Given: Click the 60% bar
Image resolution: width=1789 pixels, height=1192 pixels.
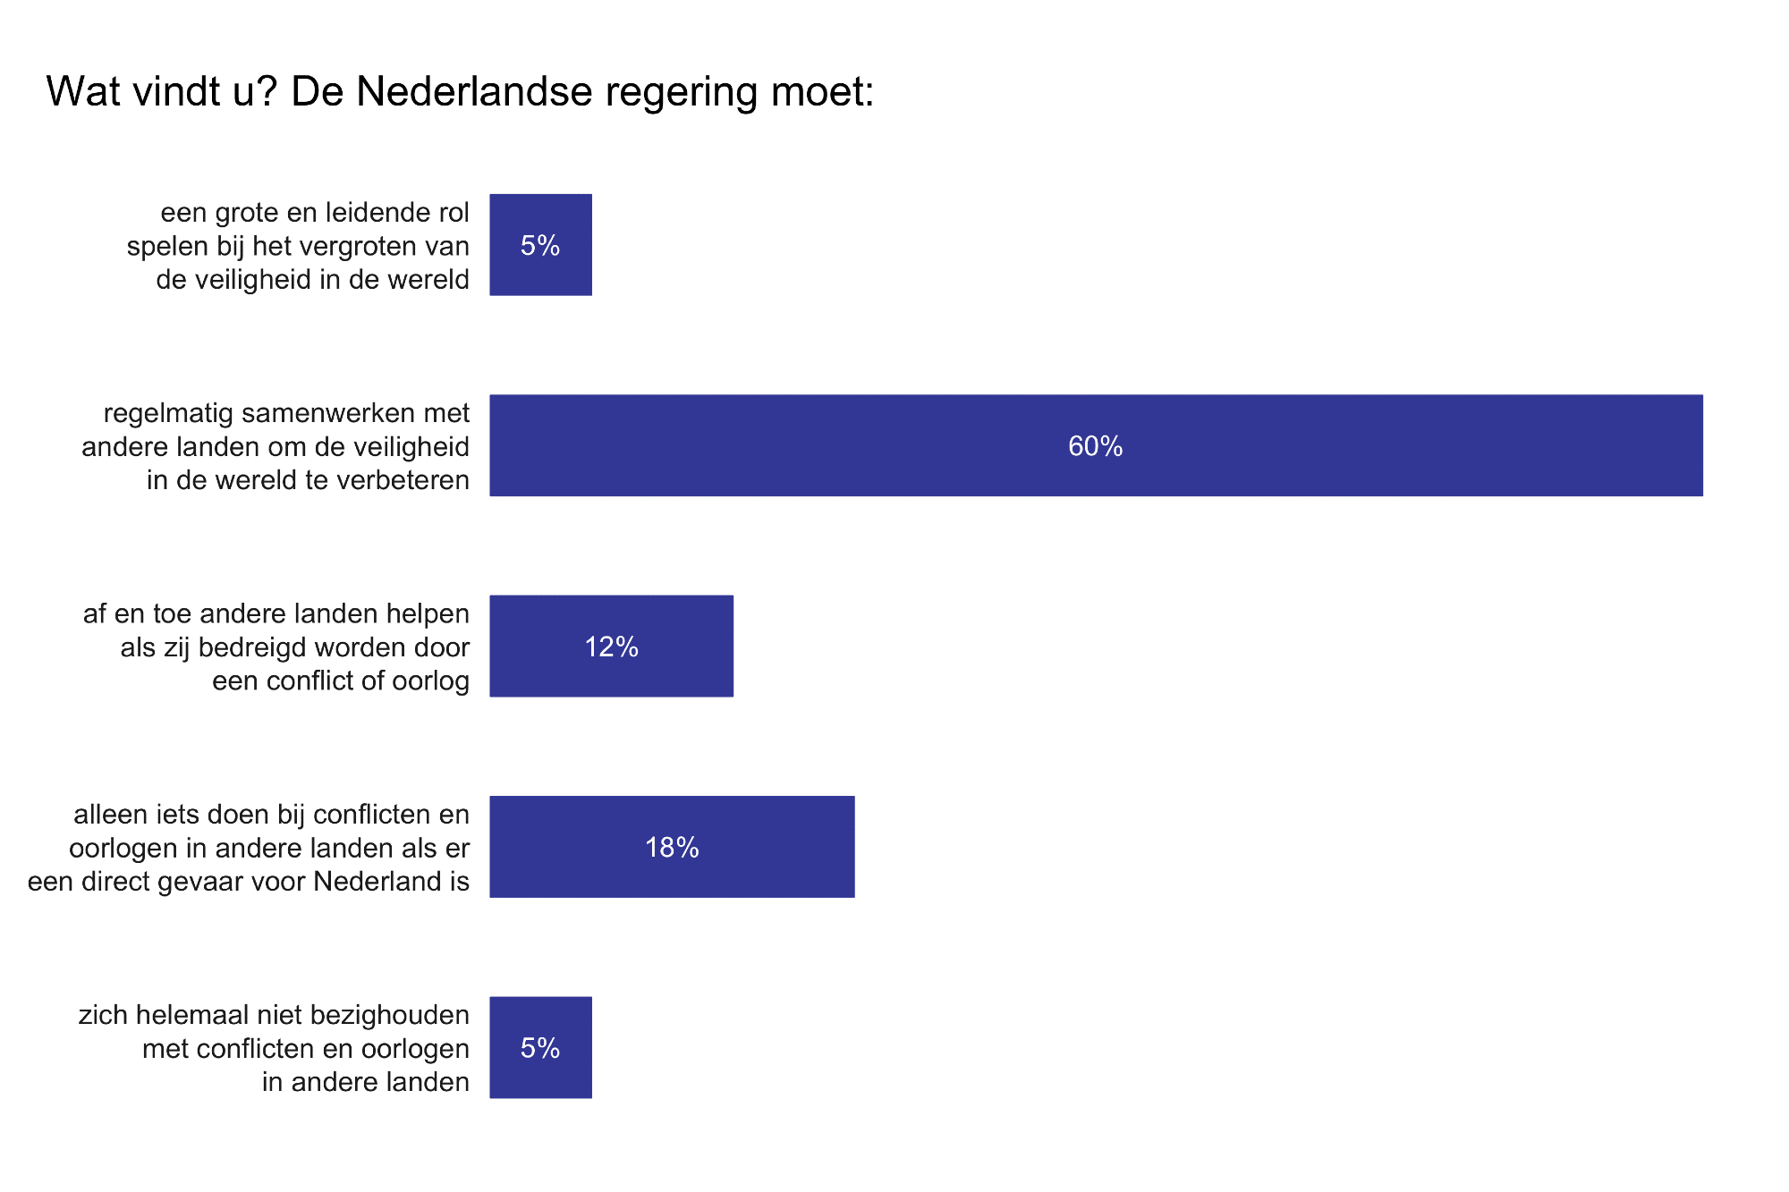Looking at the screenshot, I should click(x=894, y=445).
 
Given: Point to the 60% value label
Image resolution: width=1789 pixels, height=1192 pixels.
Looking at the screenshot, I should click(x=1095, y=446).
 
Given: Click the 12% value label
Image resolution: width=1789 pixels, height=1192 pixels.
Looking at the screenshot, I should click(x=611, y=647).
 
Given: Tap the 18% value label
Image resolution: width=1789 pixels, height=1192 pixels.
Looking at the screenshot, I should click(x=672, y=848).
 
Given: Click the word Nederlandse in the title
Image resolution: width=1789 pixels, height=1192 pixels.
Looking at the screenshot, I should click(x=474, y=91).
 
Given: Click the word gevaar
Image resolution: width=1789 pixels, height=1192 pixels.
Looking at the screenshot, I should click(x=208, y=883).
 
